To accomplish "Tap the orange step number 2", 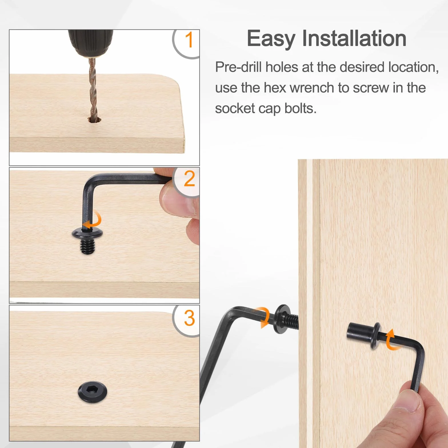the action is [x=189, y=179].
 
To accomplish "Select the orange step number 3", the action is [x=189, y=318].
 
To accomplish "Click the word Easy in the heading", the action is [x=271, y=39].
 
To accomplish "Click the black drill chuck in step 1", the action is [x=91, y=42].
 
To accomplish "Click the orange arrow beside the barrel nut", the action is [x=393, y=340].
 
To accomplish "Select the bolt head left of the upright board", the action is [x=281, y=319].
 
